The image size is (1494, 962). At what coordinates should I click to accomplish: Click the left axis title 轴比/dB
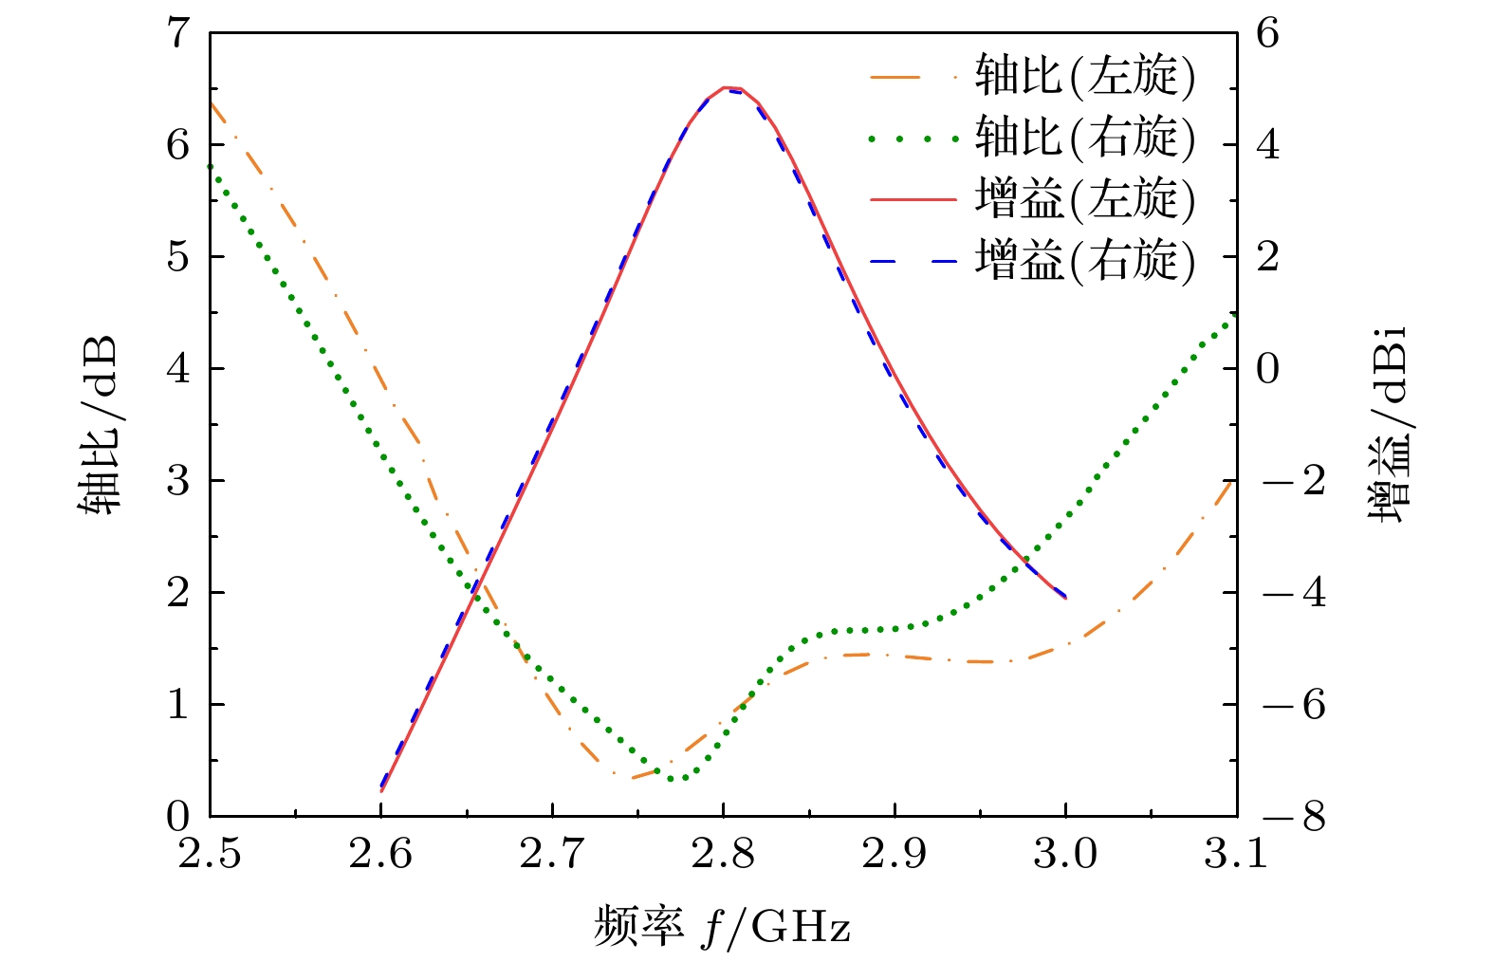pyautogui.click(x=98, y=425)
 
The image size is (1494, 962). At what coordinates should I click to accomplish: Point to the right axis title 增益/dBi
pyautogui.click(x=1387, y=425)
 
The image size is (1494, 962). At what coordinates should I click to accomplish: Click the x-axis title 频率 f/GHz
pyautogui.click(x=722, y=927)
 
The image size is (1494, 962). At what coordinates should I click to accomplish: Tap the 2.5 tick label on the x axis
pyautogui.click(x=210, y=855)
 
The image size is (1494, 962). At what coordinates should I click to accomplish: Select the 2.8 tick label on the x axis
pyautogui.click(x=723, y=855)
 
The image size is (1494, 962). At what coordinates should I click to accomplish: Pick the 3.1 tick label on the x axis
pyautogui.click(x=1236, y=855)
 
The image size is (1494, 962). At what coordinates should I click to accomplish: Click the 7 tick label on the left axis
pyautogui.click(x=178, y=34)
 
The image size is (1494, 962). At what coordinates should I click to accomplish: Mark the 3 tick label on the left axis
pyautogui.click(x=178, y=481)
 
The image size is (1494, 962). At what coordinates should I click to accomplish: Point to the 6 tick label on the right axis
pyautogui.click(x=1268, y=34)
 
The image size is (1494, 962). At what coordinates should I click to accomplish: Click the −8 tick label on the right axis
pyautogui.click(x=1293, y=817)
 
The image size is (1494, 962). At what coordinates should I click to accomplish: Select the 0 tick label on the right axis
pyautogui.click(x=1268, y=369)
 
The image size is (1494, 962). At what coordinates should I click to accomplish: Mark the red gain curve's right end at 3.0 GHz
pyautogui.click(x=1065, y=598)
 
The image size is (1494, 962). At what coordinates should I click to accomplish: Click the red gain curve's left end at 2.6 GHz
pyautogui.click(x=381, y=790)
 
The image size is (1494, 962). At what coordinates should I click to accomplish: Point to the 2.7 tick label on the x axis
pyautogui.click(x=552, y=855)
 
